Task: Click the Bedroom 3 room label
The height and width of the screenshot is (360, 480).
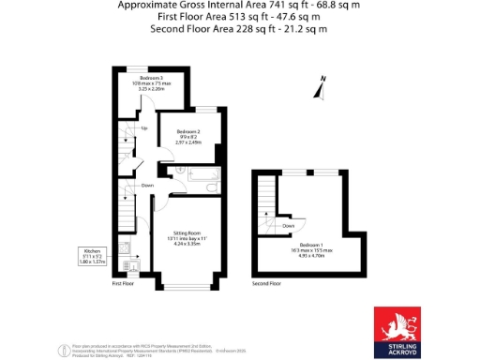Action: pyautogui.click(x=152, y=77)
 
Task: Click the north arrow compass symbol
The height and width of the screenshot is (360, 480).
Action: pyautogui.click(x=321, y=87)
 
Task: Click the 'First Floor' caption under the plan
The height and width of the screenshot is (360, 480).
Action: pyautogui.click(x=124, y=282)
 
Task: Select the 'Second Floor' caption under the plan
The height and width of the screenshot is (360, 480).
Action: pyautogui.click(x=267, y=282)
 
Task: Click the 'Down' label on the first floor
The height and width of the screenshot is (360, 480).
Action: pyautogui.click(x=147, y=186)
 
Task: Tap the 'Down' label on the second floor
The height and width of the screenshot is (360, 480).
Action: pyautogui.click(x=289, y=225)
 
